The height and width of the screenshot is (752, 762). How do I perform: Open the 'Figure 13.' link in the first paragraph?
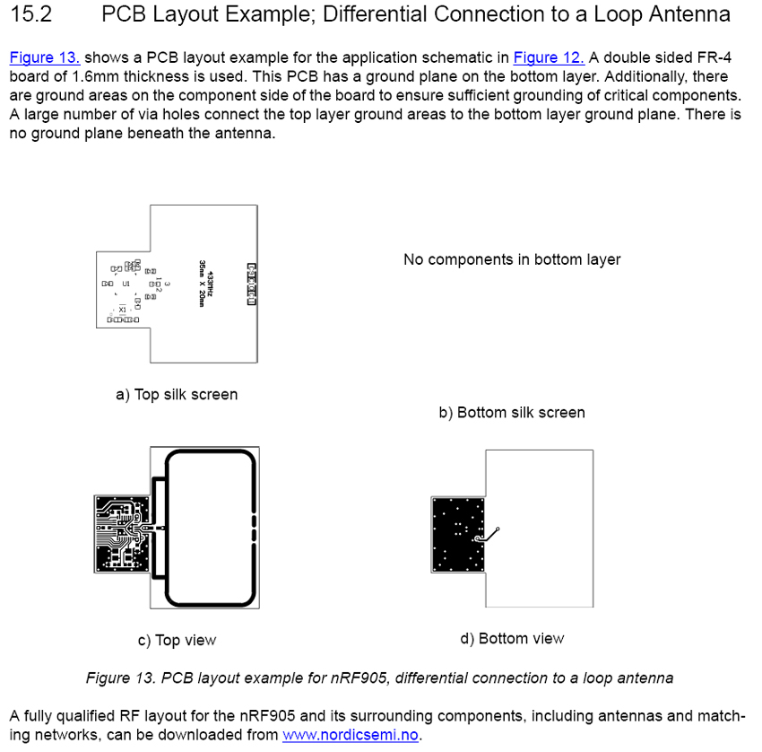click(45, 58)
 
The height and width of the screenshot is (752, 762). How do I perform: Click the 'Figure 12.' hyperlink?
click(549, 58)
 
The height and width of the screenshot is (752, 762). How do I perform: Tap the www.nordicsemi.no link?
click(351, 736)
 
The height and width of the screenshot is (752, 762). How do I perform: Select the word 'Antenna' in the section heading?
click(690, 15)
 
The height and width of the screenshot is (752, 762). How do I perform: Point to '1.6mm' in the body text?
click(91, 76)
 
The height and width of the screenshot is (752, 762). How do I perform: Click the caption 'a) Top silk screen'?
click(177, 395)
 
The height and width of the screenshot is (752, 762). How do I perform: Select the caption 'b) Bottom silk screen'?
click(512, 413)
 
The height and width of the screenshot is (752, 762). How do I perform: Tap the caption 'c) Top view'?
click(177, 640)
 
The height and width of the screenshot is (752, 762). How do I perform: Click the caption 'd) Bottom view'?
click(512, 638)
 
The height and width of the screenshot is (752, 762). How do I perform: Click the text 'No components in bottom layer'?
click(512, 260)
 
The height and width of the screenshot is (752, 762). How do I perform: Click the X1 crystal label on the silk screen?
click(123, 310)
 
